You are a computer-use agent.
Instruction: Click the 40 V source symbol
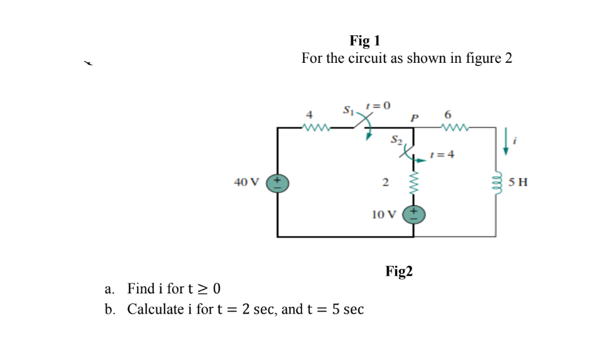coord(277,183)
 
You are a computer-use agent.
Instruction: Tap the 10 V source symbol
coord(413,214)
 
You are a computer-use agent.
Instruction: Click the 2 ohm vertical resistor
coord(413,183)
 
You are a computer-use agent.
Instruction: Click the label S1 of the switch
coord(348,111)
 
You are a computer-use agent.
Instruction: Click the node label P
coord(414,117)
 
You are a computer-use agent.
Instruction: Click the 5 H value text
coord(518,183)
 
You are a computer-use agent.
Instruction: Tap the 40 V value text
coord(246,182)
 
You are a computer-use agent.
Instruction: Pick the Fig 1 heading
coord(364,41)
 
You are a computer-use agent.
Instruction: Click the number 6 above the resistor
coord(447,115)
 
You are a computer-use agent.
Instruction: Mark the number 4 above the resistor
coord(309,115)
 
